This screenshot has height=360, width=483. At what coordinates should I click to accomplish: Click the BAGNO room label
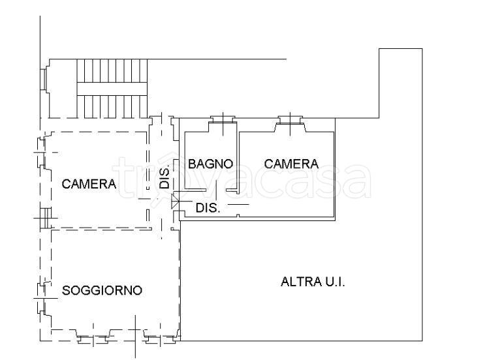(210, 164)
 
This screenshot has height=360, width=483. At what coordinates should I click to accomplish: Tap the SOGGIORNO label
(102, 291)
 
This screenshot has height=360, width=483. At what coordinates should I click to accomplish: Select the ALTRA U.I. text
(313, 282)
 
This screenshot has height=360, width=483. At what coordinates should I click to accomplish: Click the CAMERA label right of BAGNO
(291, 164)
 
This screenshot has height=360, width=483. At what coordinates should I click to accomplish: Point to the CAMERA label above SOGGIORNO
(89, 185)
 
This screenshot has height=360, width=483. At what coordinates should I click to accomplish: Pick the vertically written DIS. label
(165, 176)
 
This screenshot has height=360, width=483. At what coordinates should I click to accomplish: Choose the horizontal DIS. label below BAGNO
(208, 209)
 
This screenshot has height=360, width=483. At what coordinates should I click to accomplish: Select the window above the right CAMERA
(288, 121)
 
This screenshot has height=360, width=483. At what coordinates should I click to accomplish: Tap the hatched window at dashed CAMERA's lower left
(44, 216)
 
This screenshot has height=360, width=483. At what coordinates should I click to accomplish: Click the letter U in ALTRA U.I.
(326, 282)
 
